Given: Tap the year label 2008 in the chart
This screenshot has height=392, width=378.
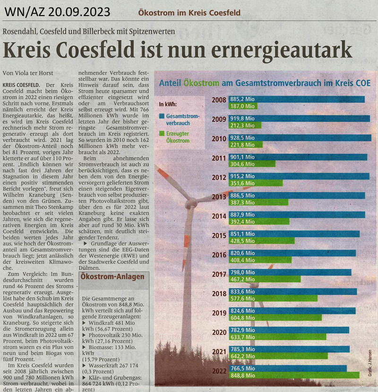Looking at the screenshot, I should coord(218,100).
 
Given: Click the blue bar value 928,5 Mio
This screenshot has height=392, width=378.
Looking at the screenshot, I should coord(242,138).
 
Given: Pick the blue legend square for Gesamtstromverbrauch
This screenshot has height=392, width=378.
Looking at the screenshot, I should coord(162,116).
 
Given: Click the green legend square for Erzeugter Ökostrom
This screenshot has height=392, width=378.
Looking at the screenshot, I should coord(162,134).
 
